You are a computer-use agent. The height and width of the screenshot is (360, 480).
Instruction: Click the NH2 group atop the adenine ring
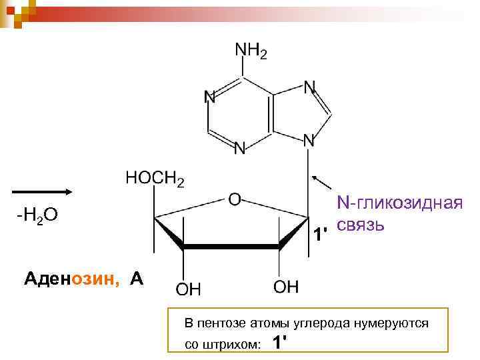tap(250, 51)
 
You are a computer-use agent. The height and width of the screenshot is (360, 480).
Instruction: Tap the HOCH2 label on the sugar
tap(155, 179)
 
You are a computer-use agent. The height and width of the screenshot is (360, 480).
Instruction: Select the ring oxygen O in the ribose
tap(235, 199)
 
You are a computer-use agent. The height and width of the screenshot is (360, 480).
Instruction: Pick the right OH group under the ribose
tap(286, 287)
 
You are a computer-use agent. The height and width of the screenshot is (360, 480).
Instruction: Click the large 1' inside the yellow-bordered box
tap(281, 343)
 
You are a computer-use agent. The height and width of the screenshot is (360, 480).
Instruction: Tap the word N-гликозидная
tap(399, 202)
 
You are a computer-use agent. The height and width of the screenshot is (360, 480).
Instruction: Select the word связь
tap(360, 223)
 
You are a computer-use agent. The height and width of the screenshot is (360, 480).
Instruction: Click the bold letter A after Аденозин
tap(137, 278)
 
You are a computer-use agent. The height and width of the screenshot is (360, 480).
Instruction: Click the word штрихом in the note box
tap(230, 344)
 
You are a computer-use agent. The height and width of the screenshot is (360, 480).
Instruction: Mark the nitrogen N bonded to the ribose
tap(308, 140)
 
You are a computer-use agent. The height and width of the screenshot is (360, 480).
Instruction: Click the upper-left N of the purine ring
tap(209, 97)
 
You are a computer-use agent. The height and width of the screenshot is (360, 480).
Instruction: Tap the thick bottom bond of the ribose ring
tap(231, 247)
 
